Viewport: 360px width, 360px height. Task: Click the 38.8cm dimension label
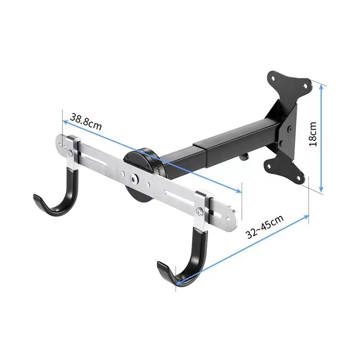click(85, 122)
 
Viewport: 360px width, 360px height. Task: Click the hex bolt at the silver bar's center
click(134, 179)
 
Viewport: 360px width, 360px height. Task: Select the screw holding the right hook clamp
click(200, 209)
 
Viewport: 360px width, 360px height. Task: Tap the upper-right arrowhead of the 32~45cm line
click(308, 216)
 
